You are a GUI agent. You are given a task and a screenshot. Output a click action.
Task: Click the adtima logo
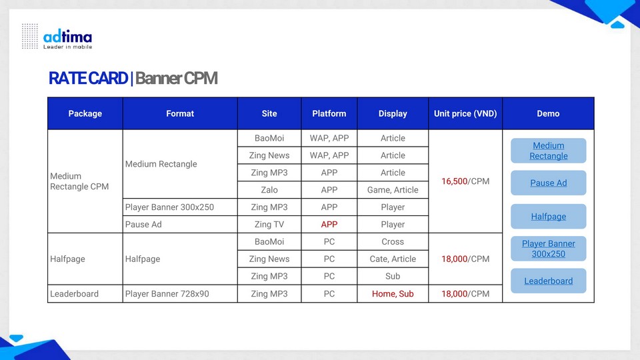click(57, 37)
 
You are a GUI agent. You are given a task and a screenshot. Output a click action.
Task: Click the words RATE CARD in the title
click(88, 79)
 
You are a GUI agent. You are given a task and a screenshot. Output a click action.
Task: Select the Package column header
click(85, 113)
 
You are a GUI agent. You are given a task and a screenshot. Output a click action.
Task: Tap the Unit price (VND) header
click(465, 113)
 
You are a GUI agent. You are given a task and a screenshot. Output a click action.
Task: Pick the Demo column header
click(548, 113)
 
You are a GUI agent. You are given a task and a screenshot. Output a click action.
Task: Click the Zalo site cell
click(269, 190)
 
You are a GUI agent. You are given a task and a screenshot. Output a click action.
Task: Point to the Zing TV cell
click(269, 225)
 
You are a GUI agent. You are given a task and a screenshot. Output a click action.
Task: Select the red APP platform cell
click(329, 225)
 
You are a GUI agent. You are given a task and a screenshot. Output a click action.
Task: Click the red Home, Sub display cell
click(393, 294)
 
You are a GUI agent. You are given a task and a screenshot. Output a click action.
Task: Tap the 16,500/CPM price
click(465, 181)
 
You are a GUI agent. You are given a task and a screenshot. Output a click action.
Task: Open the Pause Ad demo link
click(548, 183)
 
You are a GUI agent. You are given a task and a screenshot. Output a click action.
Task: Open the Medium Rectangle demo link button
click(548, 151)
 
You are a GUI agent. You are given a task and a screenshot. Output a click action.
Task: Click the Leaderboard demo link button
click(548, 281)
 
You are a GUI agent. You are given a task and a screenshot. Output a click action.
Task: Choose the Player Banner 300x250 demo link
click(548, 249)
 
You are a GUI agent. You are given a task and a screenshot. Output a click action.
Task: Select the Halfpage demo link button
click(548, 216)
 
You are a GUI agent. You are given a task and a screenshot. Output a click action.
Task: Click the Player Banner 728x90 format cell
click(180, 294)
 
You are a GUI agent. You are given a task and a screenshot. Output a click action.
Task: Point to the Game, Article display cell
click(393, 190)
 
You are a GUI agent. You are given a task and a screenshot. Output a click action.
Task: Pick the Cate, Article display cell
click(393, 259)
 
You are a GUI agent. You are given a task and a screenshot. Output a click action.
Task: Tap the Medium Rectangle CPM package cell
click(85, 181)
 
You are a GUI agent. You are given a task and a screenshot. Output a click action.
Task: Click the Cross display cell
click(393, 241)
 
